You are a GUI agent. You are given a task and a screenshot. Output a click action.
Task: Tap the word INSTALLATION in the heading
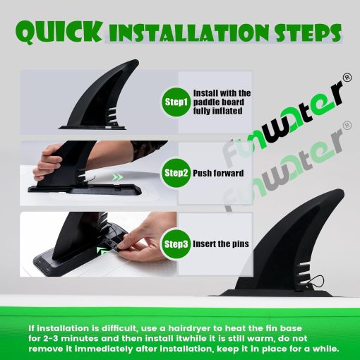(188, 34)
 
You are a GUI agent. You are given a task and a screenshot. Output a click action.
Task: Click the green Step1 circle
(176, 102)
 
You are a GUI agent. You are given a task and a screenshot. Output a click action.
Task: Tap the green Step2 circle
(176, 173)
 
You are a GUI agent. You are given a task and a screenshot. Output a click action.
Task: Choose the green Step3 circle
(176, 244)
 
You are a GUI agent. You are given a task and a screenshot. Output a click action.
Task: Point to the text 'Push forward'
(218, 173)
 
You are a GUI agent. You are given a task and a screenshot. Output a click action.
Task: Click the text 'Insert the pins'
(221, 244)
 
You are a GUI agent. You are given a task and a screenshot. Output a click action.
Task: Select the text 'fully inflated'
(217, 111)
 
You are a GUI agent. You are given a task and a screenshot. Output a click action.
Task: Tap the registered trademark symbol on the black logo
(347, 78)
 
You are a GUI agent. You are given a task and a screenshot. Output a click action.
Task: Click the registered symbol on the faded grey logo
(347, 126)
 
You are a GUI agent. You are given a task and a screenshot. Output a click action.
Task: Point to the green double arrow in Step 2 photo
(117, 177)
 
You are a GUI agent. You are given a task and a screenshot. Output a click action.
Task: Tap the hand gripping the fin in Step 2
(48, 162)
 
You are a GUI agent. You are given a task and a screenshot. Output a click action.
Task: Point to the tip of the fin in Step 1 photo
(136, 61)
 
